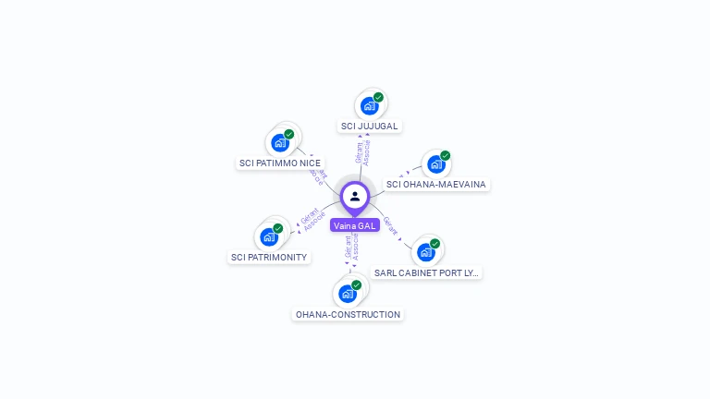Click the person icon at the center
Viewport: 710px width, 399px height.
point(355,196)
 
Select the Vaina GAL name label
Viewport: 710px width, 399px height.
point(355,225)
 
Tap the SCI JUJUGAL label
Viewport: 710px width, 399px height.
point(370,126)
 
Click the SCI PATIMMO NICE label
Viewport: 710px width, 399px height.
point(280,163)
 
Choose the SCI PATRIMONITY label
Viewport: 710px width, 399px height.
point(269,257)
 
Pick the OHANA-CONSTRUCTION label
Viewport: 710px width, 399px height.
point(348,314)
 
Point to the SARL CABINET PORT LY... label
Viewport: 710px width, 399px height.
point(426,272)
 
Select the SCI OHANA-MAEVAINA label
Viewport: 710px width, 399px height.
point(435,184)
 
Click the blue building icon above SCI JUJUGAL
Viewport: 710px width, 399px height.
point(369,106)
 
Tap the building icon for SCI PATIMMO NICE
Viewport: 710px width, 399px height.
point(279,143)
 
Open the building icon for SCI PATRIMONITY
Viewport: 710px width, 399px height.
point(268,237)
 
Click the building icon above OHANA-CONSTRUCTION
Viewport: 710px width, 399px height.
point(347,295)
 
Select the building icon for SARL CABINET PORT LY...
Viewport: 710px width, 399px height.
point(425,252)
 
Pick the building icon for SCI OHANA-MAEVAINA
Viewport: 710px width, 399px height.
point(435,164)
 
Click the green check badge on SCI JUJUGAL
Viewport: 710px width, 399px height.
point(378,97)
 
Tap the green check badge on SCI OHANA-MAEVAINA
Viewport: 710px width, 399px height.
point(445,155)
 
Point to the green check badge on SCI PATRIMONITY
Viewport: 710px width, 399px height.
point(277,228)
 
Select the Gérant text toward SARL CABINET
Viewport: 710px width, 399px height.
point(390,225)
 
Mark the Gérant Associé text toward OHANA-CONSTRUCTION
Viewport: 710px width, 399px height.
point(351,248)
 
